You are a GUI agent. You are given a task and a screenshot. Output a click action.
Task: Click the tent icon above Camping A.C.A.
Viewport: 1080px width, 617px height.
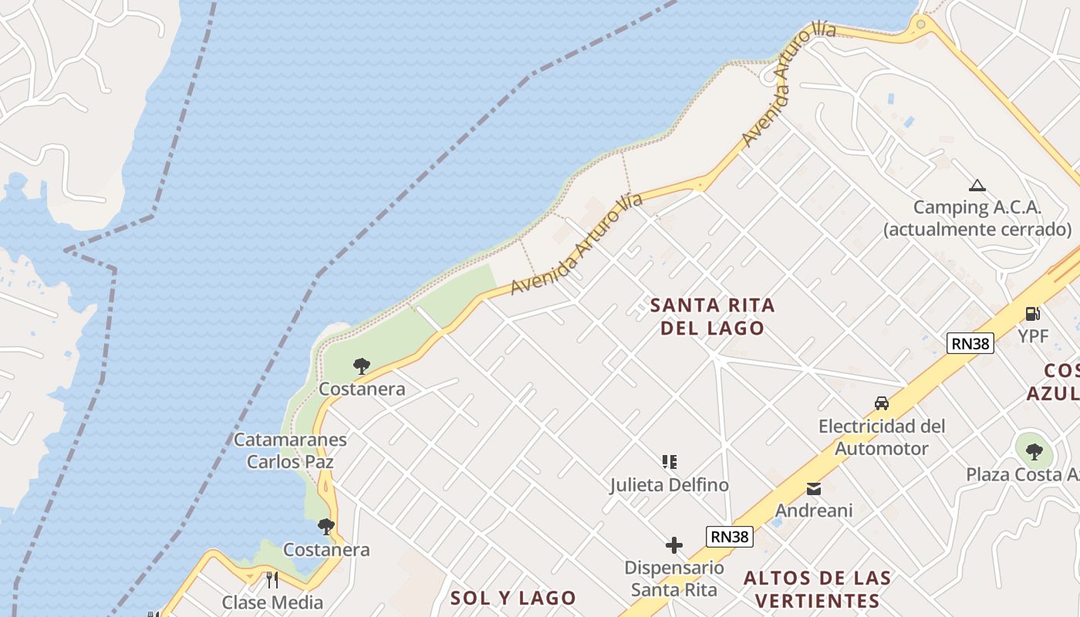pos(977,185)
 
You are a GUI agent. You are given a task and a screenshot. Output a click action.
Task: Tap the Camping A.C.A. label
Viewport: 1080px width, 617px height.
pos(977,218)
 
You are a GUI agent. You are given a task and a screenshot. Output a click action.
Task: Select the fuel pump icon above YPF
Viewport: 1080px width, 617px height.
pos(1032,313)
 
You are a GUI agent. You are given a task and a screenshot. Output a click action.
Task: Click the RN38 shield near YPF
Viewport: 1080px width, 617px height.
pos(970,343)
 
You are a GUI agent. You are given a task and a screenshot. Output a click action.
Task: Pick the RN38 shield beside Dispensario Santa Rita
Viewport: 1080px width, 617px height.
pos(729,537)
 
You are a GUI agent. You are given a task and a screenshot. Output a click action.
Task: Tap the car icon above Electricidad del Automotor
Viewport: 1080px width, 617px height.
pos(882,403)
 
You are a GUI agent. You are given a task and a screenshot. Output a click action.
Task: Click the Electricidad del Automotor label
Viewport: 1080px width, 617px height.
pos(882,437)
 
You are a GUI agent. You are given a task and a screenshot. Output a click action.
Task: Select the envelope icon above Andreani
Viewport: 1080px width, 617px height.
pos(814,488)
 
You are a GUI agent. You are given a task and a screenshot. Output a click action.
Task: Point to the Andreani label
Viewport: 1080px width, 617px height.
pos(814,511)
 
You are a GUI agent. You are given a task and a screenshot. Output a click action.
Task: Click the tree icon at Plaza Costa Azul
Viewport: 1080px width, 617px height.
pos(1034,451)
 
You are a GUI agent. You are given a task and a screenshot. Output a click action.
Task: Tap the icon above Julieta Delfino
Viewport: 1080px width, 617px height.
pos(670,462)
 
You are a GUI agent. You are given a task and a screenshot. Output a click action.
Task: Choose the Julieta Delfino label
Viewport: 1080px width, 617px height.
pos(670,485)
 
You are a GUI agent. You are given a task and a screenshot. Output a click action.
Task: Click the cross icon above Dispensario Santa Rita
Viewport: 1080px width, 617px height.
pos(674,545)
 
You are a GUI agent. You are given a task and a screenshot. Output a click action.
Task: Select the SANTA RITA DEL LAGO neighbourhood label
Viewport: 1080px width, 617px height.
pos(713,316)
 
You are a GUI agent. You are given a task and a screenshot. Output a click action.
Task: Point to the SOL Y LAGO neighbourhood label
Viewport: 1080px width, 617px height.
pos(513,598)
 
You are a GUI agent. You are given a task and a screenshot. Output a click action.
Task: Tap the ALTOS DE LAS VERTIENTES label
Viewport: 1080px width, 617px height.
pos(818,589)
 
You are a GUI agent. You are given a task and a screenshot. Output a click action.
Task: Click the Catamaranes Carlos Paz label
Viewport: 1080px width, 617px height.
pos(290,450)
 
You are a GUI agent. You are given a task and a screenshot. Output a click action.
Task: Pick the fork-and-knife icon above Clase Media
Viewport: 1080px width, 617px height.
pos(272,579)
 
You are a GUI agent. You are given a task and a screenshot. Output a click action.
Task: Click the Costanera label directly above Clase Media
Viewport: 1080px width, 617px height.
pos(326,550)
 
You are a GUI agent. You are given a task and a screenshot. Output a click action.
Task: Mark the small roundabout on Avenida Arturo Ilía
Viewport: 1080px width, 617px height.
pos(920,24)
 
